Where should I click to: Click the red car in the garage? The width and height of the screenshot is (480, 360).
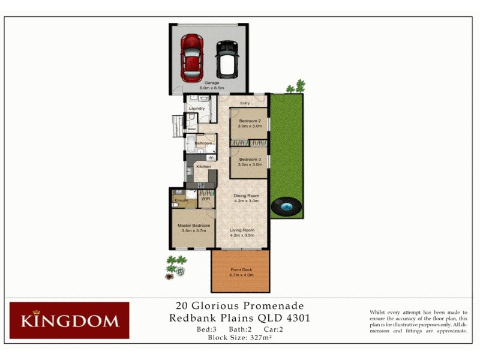[192, 58]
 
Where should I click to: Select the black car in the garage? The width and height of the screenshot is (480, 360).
[226, 59]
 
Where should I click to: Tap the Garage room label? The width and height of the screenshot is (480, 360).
[211, 83]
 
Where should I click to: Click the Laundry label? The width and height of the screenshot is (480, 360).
[196, 109]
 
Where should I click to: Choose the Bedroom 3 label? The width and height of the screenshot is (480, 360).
[248, 158]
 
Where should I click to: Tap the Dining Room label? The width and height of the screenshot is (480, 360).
[246, 196]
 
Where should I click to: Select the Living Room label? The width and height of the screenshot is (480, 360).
[242, 230]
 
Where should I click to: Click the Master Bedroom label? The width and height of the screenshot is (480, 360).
[192, 226]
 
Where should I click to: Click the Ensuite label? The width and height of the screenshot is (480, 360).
[180, 199]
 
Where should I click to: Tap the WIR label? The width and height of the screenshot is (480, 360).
[205, 199]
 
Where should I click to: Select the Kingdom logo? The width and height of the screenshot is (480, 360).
[69, 320]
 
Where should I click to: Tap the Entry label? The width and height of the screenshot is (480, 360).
[245, 103]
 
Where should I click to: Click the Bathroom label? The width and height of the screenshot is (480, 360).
[203, 143]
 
